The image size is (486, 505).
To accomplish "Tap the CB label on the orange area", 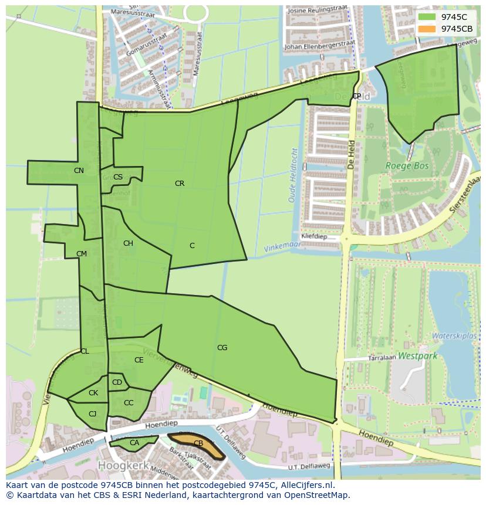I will pos(198,443).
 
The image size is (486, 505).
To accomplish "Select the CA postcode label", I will pos(134,443).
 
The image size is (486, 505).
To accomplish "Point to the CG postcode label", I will pos(222,348).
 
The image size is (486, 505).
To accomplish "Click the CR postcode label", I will pos(180,184).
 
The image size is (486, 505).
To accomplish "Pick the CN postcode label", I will pos(79,171).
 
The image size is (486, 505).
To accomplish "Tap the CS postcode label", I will pos(118,177).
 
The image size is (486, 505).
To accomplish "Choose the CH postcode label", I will pos(128,243).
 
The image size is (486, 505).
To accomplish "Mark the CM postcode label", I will pos(82,254).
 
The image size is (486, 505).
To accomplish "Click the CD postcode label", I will pos(117,382).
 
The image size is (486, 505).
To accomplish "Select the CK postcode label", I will pos(93,393).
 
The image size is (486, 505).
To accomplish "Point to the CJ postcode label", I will pos(92,414).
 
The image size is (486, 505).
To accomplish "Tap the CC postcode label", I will pos(129,403).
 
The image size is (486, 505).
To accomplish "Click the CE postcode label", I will pos(139,360).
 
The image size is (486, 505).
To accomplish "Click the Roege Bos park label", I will pos(407,166).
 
